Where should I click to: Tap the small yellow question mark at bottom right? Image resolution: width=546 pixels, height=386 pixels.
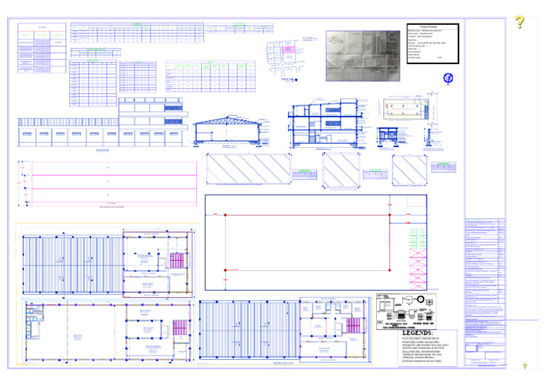pos(525,365)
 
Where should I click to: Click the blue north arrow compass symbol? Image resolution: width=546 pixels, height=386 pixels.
pos(448,78)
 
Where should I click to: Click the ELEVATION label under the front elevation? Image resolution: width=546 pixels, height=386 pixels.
pos(104,151)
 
